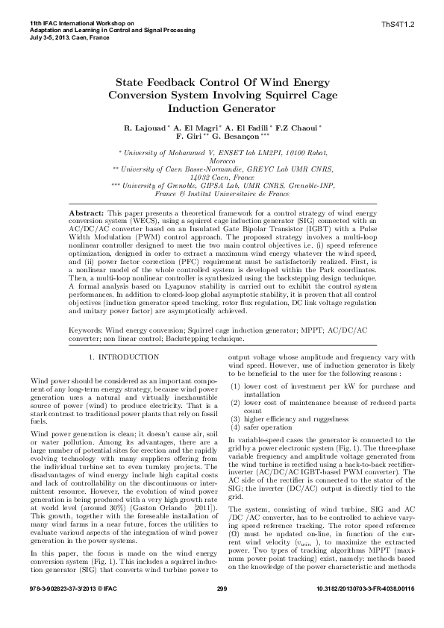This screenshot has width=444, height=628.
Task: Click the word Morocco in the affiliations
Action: click(222, 162)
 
